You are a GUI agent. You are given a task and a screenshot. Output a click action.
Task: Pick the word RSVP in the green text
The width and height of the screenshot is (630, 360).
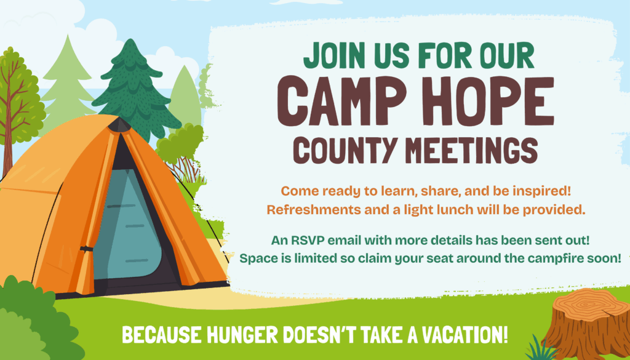coord(309,241)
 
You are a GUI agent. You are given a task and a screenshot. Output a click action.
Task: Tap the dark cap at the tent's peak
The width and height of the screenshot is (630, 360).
coord(119,124)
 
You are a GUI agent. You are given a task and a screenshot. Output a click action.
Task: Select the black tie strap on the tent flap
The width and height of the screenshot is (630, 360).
coord(86,249)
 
